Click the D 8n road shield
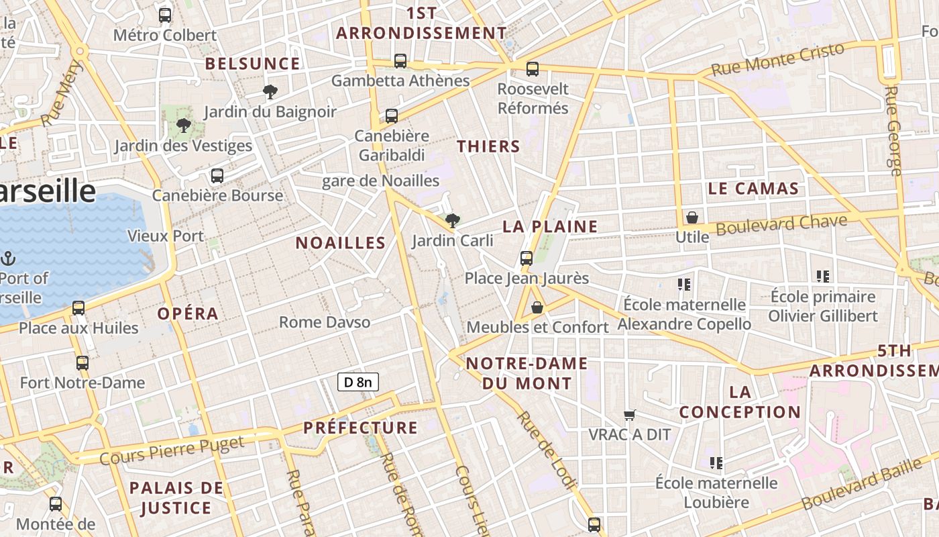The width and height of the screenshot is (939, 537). tap(358, 383)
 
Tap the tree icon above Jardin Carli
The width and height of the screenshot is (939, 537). tap(453, 220)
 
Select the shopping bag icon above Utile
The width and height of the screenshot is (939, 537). tap(692, 217)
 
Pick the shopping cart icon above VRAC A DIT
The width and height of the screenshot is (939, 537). tap(629, 415)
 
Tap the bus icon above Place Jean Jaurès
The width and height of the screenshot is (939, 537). tap(527, 258)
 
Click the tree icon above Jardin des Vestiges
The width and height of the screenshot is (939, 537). tap(183, 125)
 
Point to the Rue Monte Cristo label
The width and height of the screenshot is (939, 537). tap(777, 59)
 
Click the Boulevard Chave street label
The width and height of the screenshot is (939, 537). tap(782, 224)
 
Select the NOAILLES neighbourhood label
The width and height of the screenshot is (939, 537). tap(341, 243)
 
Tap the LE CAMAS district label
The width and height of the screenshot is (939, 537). tap(753, 189)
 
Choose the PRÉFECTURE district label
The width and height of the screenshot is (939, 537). tap(360, 428)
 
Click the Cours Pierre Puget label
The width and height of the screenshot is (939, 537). tap(172, 450)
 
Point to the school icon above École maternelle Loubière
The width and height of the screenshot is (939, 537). tap(716, 462)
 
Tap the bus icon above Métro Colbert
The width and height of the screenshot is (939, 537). tap(165, 15)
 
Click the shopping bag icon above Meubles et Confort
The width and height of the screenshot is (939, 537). tap(537, 307)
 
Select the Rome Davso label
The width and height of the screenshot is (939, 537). tap(325, 322)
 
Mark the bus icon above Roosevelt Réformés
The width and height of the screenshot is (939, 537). tap(533, 68)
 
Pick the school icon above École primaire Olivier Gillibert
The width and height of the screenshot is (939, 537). tap(823, 276)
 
